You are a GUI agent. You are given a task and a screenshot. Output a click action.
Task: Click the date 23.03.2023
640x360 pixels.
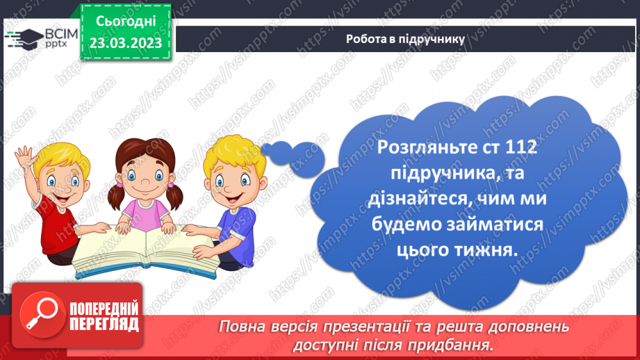[125, 42]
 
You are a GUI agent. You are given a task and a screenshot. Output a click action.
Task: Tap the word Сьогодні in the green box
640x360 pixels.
[125, 22]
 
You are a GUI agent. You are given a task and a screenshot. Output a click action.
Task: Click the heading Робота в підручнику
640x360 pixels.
[405, 39]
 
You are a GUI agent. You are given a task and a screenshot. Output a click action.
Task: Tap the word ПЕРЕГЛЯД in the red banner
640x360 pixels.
[104, 324]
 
